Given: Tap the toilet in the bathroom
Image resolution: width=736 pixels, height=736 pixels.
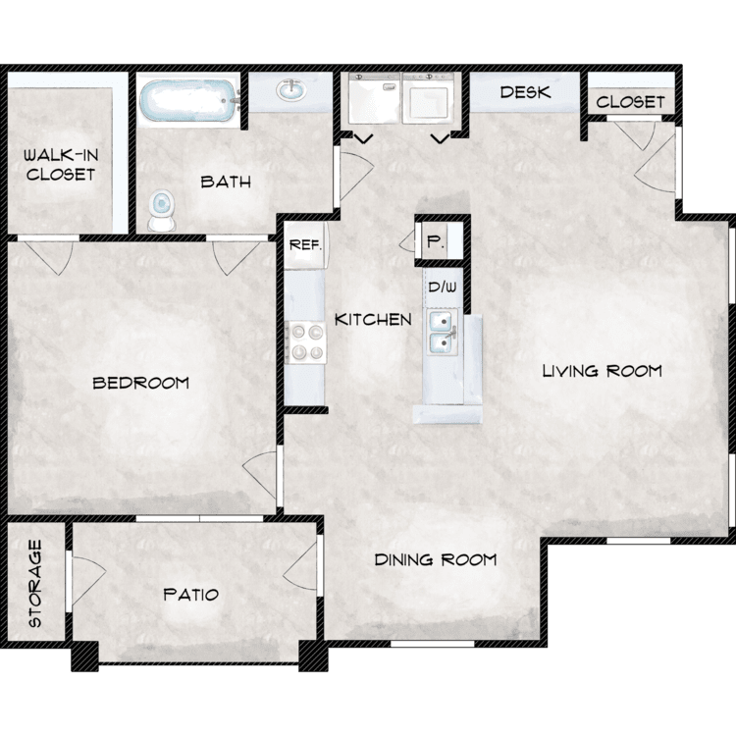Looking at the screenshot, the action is click(x=162, y=209).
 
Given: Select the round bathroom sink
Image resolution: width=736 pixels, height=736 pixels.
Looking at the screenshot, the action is click(x=291, y=89).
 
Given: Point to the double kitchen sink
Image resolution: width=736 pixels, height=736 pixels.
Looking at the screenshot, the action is click(x=443, y=332).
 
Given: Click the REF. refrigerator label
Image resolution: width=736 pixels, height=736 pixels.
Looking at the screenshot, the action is click(x=305, y=244).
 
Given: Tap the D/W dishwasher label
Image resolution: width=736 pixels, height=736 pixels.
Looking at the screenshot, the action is click(x=443, y=287).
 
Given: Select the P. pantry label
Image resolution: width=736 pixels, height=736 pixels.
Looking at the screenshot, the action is click(x=435, y=241).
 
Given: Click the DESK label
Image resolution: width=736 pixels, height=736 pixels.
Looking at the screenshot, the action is click(x=525, y=92).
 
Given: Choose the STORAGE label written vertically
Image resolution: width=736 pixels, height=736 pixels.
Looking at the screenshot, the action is click(x=35, y=584).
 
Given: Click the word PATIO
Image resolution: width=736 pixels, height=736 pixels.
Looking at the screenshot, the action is click(x=191, y=595).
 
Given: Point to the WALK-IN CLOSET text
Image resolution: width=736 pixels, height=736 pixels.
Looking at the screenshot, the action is click(x=61, y=165).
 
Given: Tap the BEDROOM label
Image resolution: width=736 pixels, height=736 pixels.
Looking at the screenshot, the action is click(x=140, y=383).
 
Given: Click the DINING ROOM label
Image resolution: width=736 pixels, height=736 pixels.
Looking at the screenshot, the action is click(x=436, y=559).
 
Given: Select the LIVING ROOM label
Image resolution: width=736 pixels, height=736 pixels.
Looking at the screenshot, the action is click(x=603, y=371).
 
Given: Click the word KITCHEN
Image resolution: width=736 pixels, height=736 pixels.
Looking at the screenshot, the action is click(x=373, y=320).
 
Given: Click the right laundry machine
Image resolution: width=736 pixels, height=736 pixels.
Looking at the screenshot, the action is click(x=428, y=97).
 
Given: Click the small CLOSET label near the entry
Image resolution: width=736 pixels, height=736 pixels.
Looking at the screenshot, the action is click(x=630, y=102).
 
